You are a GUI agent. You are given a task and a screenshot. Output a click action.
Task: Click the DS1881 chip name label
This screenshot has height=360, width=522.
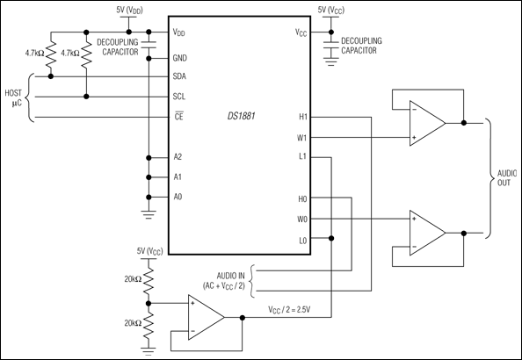[243, 116]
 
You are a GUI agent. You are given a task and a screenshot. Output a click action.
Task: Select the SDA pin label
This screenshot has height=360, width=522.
[180, 76]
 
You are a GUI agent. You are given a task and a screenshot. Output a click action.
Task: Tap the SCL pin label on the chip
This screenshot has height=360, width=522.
[180, 97]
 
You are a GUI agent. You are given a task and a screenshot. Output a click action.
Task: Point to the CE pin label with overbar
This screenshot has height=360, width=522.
[178, 117]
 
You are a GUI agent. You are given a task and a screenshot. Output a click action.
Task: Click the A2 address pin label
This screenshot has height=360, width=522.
[178, 157]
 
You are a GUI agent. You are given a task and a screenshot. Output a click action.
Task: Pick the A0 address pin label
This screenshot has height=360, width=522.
[178, 198]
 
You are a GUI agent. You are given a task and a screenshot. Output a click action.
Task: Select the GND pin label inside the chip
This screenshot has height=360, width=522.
[181, 56]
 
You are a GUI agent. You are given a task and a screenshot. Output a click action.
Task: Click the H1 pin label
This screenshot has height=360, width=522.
[302, 117]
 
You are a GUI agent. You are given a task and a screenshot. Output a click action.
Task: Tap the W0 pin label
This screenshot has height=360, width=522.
[302, 218]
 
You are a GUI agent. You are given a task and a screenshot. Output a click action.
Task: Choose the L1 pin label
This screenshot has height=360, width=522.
[302, 157]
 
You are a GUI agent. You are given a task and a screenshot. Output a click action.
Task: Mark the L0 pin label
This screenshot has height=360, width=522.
[302, 238]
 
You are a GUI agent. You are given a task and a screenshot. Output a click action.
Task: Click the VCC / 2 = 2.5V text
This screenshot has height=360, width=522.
[294, 308]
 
